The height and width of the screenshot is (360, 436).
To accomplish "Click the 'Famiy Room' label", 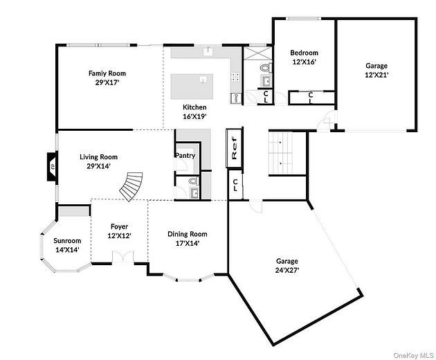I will [x=107, y=73].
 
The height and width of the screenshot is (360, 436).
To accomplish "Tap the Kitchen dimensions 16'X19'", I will [x=194, y=117].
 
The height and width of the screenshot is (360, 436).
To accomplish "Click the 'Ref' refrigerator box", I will [x=235, y=149].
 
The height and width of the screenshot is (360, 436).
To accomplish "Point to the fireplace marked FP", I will [x=51, y=166].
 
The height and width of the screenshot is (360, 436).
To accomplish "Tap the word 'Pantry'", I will [x=185, y=156].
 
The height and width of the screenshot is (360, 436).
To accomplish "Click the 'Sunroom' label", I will [x=67, y=240].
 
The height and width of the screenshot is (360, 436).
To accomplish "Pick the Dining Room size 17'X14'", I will [x=188, y=244].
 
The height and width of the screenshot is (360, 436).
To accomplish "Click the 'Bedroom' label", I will [x=304, y=53].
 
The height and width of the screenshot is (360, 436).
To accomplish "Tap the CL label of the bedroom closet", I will [x=311, y=97].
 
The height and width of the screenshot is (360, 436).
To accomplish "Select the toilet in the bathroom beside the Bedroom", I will [x=263, y=69].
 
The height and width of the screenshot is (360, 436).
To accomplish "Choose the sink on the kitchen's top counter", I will [x=208, y=51].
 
